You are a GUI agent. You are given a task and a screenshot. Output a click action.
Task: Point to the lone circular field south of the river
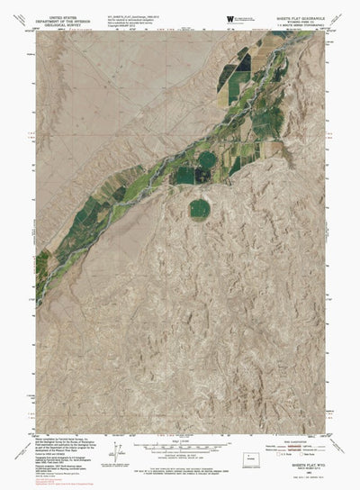(200, 208)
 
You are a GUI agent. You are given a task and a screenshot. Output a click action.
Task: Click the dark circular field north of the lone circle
(207, 160)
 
